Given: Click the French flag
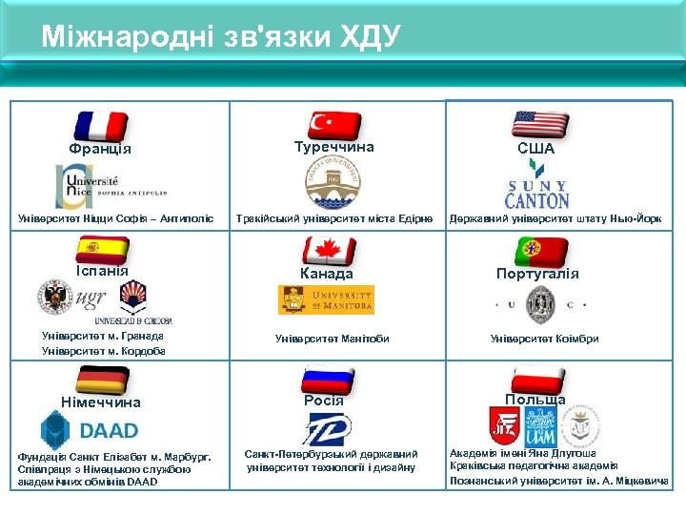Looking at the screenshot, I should click(101, 126).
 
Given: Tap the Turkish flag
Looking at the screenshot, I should click(333, 125).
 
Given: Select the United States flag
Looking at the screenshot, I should click(539, 125).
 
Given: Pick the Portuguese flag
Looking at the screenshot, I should click(539, 251).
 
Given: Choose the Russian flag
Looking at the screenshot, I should click(328, 376).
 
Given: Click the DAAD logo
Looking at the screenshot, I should click(90, 429).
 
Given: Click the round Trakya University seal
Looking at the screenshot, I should click(333, 182).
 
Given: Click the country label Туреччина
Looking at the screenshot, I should click(333, 148).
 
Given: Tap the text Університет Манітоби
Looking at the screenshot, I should click(332, 339).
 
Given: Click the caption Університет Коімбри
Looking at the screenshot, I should click(544, 339).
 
